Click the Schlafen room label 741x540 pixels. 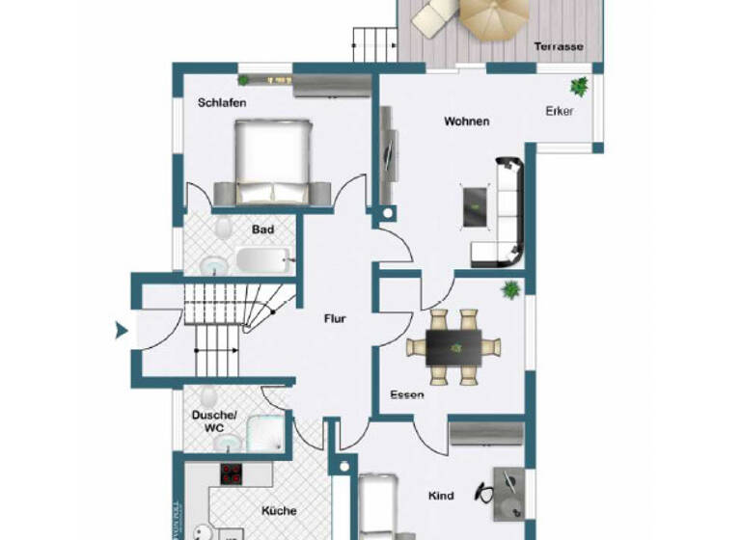click(221, 102)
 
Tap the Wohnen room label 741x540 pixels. click(466, 121)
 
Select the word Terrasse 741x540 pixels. click(561, 46)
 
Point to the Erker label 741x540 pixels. click(560, 111)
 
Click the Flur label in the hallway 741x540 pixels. click(334, 318)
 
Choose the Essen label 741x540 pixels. click(407, 394)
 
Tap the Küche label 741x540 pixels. click(278, 511)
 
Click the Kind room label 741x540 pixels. click(441, 496)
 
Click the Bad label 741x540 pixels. click(262, 229)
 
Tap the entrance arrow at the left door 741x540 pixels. click(122, 331)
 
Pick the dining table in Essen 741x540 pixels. click(454, 346)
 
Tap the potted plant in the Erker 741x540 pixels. click(579, 86)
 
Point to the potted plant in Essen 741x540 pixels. click(508, 288)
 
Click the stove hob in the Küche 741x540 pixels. click(233, 474)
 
